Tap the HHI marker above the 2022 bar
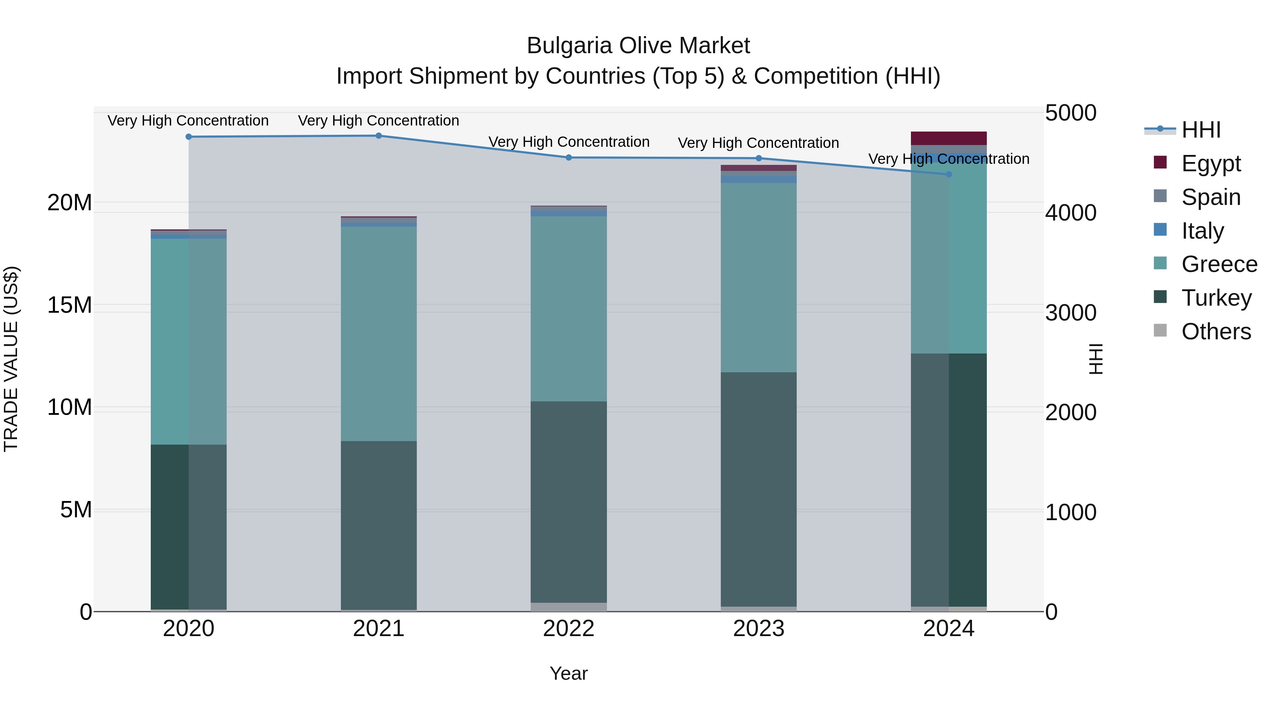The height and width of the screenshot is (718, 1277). click(x=569, y=157)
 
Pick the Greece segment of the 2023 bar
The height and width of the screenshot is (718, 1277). click(x=758, y=278)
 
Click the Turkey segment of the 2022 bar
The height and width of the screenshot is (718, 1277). click(x=569, y=501)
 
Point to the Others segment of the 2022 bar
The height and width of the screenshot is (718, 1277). click(x=569, y=607)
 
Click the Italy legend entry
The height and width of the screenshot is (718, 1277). click(x=1202, y=231)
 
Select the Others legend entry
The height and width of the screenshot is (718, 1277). click(x=1216, y=332)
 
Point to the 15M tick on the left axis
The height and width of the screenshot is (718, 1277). click(x=70, y=305)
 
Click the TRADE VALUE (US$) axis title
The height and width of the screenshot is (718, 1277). click(x=11, y=359)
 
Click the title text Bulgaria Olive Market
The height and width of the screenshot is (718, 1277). click(x=638, y=46)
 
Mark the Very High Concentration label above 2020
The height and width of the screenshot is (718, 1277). click(x=188, y=121)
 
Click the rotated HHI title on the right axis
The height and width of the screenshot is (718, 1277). click(x=1096, y=359)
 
